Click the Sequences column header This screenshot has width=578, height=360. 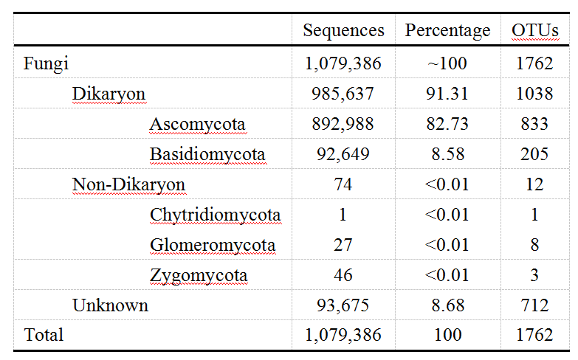[x=343, y=30]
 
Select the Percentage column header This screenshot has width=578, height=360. [x=447, y=30]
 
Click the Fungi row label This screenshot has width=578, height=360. [x=46, y=63]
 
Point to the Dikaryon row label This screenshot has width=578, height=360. [x=109, y=94]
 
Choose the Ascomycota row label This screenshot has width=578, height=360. [x=197, y=124]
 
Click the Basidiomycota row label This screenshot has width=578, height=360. [x=207, y=154]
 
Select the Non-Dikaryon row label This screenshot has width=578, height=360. [x=128, y=184]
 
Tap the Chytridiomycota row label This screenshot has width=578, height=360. [x=215, y=215]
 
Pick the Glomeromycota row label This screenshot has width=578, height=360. [x=213, y=245]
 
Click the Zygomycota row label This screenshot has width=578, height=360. [x=199, y=276]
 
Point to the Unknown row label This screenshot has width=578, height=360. [x=110, y=305]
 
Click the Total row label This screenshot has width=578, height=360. [x=44, y=335]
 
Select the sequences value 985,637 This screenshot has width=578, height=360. [x=343, y=94]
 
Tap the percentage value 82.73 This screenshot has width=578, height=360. [x=447, y=124]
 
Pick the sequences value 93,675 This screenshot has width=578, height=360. [x=343, y=305]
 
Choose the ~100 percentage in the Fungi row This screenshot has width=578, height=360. [x=447, y=63]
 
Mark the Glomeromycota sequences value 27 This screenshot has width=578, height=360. [x=343, y=245]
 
